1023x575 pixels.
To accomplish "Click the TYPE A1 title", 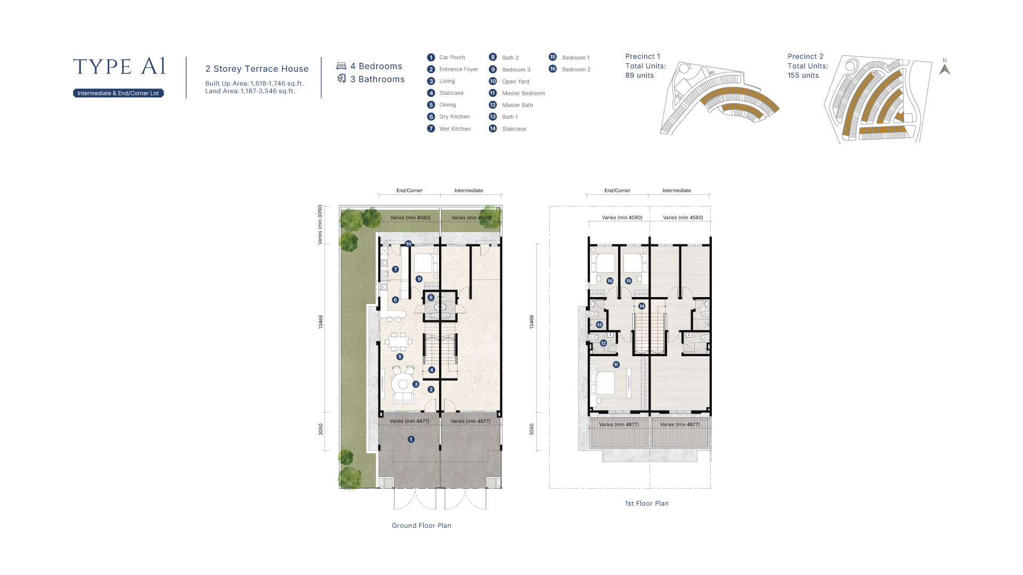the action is [x=119, y=67].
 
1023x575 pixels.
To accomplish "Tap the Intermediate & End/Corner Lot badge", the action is [x=118, y=93].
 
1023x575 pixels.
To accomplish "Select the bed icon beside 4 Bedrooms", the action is [x=341, y=66].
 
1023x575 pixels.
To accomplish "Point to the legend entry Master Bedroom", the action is [x=523, y=93].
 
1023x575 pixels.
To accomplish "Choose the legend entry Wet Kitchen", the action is [x=455, y=129].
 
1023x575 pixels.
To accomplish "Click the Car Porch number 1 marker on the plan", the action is [x=411, y=439].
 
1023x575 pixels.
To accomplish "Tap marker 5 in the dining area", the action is [x=400, y=357].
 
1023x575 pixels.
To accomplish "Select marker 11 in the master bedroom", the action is [x=616, y=365].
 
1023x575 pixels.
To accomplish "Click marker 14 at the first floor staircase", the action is [x=642, y=306].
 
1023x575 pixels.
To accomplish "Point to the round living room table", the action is [x=403, y=384].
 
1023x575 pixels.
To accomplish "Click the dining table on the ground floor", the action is [x=399, y=341].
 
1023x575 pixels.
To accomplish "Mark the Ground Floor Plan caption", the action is [x=421, y=525].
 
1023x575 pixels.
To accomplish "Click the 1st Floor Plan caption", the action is [x=647, y=503].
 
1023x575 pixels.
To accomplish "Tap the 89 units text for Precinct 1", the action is [x=639, y=76].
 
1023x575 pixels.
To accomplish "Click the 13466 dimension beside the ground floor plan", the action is [x=321, y=322].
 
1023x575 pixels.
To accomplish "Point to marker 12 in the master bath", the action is [x=603, y=343].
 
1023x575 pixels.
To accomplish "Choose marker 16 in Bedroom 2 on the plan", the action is [x=610, y=281].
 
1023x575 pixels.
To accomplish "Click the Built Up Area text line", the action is [x=255, y=84].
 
